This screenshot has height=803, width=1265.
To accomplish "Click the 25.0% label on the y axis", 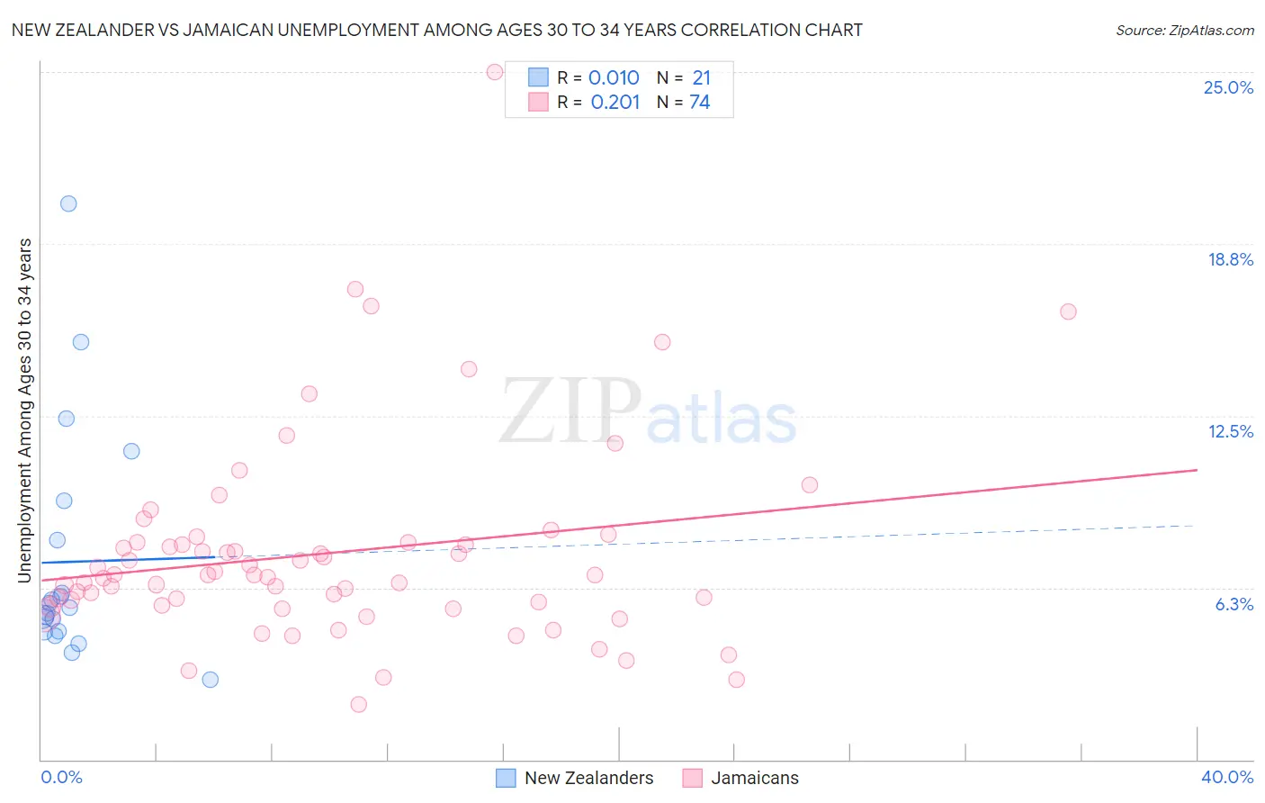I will [1228, 87].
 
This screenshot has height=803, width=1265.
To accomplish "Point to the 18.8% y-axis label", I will [1230, 259].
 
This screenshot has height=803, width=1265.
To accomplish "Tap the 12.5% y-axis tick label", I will [1230, 431].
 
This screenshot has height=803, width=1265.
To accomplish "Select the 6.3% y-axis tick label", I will [1234, 604].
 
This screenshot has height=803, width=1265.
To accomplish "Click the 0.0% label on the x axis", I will [61, 777].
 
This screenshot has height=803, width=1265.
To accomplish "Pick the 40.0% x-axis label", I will [1226, 777].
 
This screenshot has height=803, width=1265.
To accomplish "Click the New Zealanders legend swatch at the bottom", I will [507, 778].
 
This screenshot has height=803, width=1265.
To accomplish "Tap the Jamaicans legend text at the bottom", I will [754, 778].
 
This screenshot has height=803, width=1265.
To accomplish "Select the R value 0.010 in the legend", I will [614, 78].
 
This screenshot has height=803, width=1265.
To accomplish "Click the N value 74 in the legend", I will [699, 103].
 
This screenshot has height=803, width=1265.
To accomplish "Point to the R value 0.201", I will [615, 103].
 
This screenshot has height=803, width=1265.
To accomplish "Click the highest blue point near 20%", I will [68, 203].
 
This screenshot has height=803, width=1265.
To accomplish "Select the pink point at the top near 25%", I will [494, 72].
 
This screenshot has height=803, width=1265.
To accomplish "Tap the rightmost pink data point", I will [1068, 311].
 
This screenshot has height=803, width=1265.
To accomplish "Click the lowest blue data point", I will [210, 680].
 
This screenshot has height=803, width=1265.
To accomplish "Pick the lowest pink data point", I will [358, 704].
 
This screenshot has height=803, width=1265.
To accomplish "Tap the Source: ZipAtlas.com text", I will [1184, 31].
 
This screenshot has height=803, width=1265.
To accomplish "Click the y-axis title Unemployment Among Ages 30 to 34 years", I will [25, 410].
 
